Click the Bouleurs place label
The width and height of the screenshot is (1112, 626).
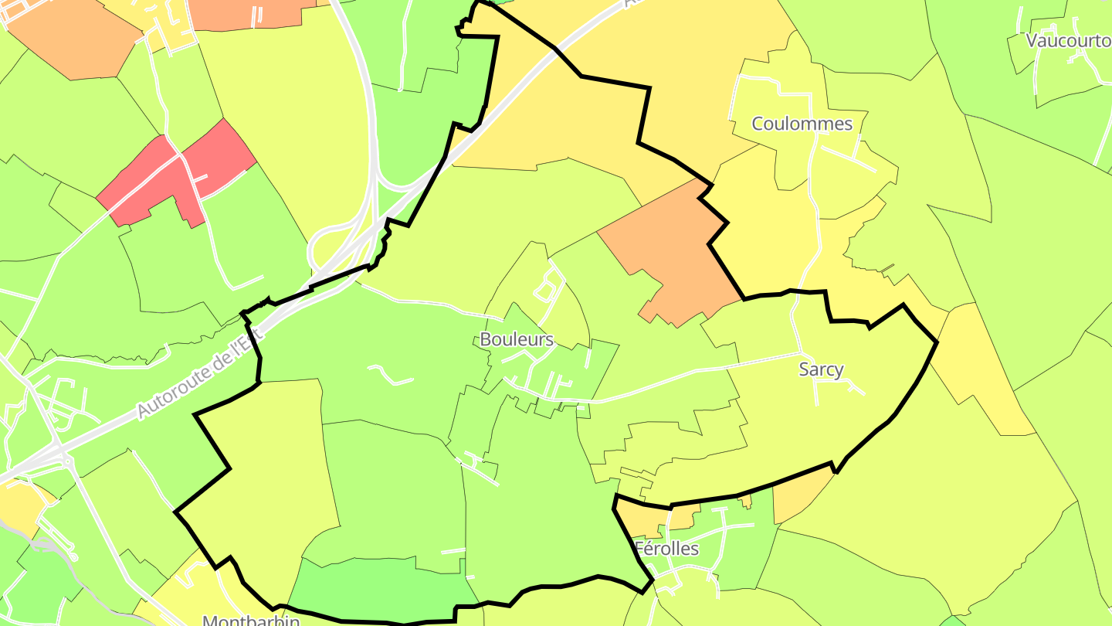click(x=517, y=339)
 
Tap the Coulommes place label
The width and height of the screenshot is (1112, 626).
click(x=802, y=124)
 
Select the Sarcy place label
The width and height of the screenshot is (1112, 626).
click(x=821, y=369)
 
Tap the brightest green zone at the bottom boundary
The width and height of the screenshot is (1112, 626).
click(x=378, y=591)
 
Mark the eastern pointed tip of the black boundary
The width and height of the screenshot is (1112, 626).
click(x=937, y=341)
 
